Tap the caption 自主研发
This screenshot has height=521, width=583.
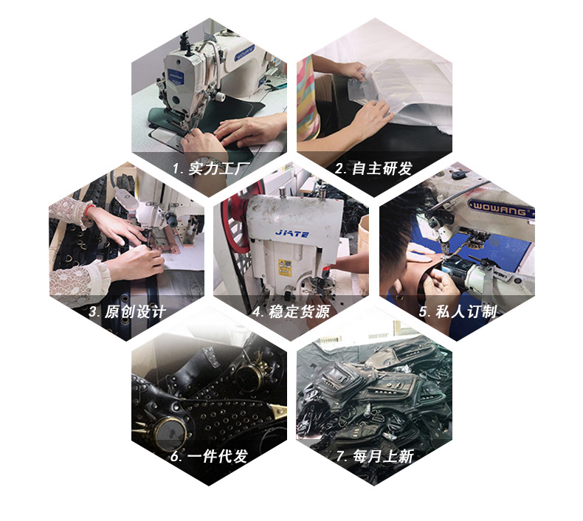[x=382, y=168]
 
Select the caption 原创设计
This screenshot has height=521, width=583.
[x=134, y=311]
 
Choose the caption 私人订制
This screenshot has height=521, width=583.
[x=466, y=311]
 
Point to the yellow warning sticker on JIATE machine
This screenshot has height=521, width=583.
[x=283, y=266]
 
